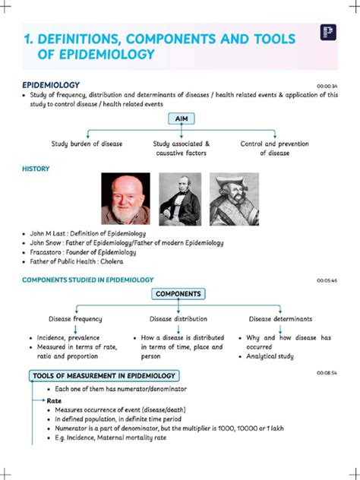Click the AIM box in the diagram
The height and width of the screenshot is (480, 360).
tap(180, 120)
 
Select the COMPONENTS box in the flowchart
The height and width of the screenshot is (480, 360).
tap(179, 294)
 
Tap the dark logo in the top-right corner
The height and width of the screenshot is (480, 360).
tap(329, 33)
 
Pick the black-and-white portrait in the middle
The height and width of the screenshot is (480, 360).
tap(180, 197)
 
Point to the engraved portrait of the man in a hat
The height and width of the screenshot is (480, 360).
tap(233, 197)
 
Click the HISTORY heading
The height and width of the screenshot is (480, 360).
tap(36, 169)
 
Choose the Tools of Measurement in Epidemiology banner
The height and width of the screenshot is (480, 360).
tap(104, 376)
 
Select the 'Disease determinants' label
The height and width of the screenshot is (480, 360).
tap(281, 319)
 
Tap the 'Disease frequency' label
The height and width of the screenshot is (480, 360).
tap(76, 319)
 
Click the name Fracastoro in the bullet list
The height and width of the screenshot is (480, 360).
tap(48, 252)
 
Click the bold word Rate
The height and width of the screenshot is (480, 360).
tap(55, 400)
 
